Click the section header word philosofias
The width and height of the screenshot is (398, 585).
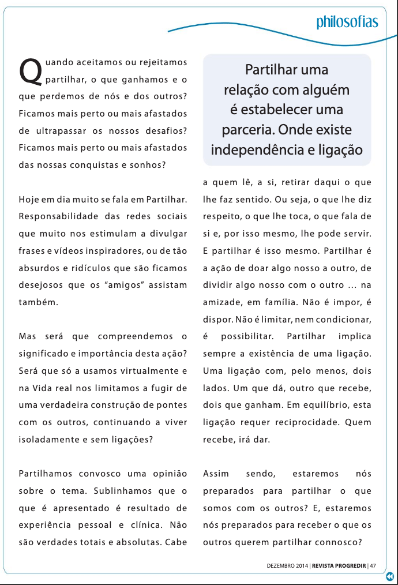pyautogui.click(x=347, y=22)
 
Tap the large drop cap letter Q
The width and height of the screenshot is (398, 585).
pyautogui.click(x=31, y=70)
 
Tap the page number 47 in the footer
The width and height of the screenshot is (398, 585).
pyautogui.click(x=373, y=565)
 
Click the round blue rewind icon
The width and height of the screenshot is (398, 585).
pyautogui.click(x=391, y=576)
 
